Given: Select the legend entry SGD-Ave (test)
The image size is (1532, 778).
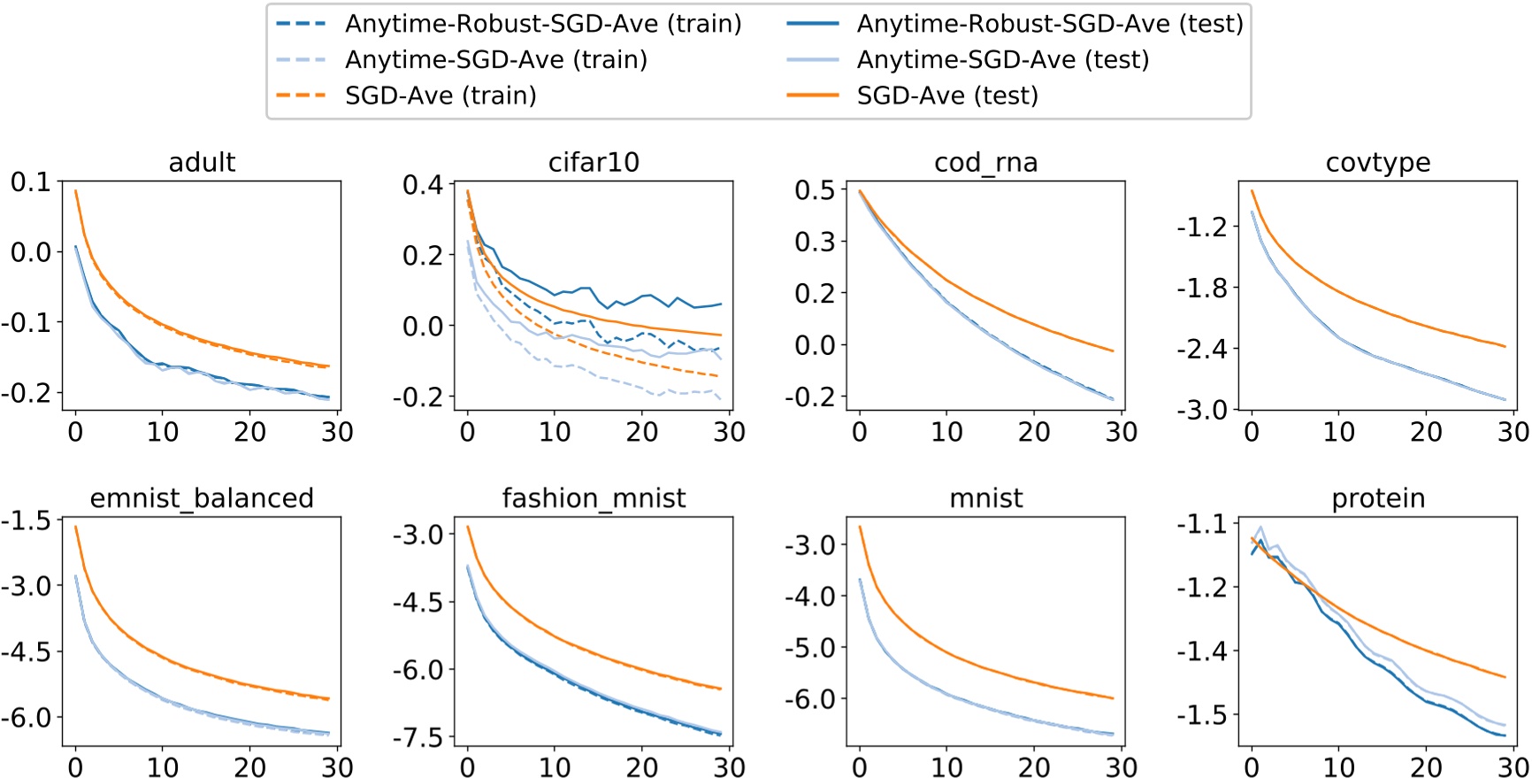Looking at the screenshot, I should pyautogui.click(x=946, y=96).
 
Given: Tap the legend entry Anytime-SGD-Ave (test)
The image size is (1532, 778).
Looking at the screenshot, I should pyautogui.click(x=1002, y=59).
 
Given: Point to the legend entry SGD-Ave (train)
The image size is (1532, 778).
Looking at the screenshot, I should pyautogui.click(x=440, y=96).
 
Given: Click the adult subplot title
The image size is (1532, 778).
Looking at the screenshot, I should pyautogui.click(x=202, y=163).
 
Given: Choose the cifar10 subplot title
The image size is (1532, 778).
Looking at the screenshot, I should pyautogui.click(x=594, y=163).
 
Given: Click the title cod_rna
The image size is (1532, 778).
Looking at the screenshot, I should pyautogui.click(x=985, y=163).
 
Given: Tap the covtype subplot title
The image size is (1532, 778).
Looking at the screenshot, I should pyautogui.click(x=1377, y=163).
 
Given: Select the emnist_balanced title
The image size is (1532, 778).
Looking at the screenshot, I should pyautogui.click(x=202, y=498).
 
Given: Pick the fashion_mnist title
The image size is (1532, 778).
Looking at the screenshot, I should pyautogui.click(x=594, y=498).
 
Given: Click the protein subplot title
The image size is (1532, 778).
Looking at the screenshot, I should pyautogui.click(x=1377, y=498).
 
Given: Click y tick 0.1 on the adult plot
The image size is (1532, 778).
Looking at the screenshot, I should pyautogui.click(x=30, y=182).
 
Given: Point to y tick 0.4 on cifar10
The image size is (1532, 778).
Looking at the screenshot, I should pyautogui.click(x=422, y=185).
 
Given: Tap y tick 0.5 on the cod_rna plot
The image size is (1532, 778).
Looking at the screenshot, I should pyautogui.click(x=814, y=190).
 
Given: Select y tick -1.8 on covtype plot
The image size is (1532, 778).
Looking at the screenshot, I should pyautogui.click(x=1202, y=289).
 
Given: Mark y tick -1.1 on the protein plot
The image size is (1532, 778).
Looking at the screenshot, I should pyautogui.click(x=1202, y=524).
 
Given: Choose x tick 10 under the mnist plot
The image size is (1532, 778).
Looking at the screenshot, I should pyautogui.click(x=946, y=766).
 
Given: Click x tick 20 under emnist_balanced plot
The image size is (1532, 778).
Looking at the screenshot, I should pyautogui.click(x=249, y=766).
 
